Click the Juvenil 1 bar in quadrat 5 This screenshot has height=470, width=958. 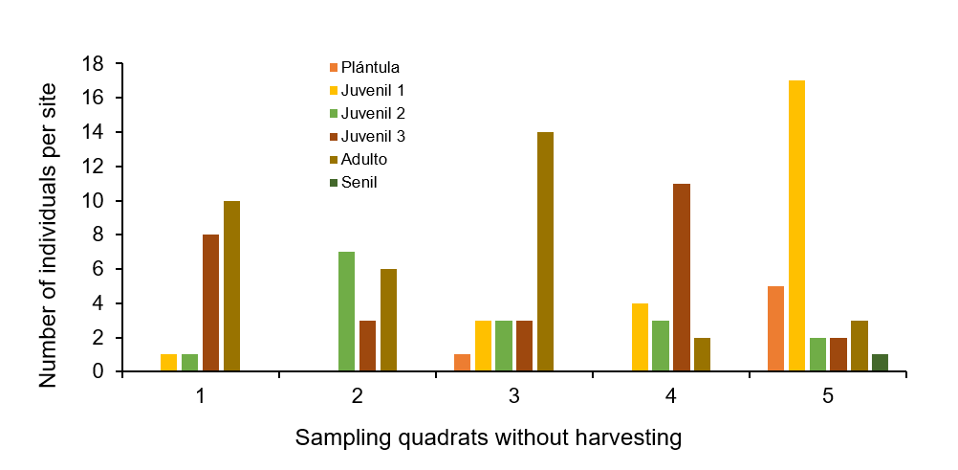pyautogui.click(x=796, y=226)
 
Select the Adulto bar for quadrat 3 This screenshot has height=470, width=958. pyautogui.click(x=545, y=252)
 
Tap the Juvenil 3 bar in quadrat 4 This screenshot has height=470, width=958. pyautogui.click(x=681, y=278)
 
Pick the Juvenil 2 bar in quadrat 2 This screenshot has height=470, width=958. pyautogui.click(x=346, y=311)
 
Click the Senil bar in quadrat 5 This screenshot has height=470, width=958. pyautogui.click(x=880, y=363)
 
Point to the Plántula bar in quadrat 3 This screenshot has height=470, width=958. pyautogui.click(x=462, y=363)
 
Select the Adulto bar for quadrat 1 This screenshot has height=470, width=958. pyautogui.click(x=231, y=286)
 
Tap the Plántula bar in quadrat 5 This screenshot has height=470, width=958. pyautogui.click(x=775, y=328)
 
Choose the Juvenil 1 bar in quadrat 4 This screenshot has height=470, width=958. pyautogui.click(x=640, y=337)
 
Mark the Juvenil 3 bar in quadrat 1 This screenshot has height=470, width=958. pyautogui.click(x=210, y=302)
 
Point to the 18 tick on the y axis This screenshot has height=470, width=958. pyautogui.click(x=93, y=63)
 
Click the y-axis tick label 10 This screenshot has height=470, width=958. pyautogui.click(x=93, y=201)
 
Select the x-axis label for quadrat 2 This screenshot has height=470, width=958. pyautogui.click(x=357, y=395)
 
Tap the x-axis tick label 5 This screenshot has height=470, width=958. pyautogui.click(x=827, y=395)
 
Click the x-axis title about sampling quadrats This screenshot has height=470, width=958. pyautogui.click(x=488, y=438)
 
